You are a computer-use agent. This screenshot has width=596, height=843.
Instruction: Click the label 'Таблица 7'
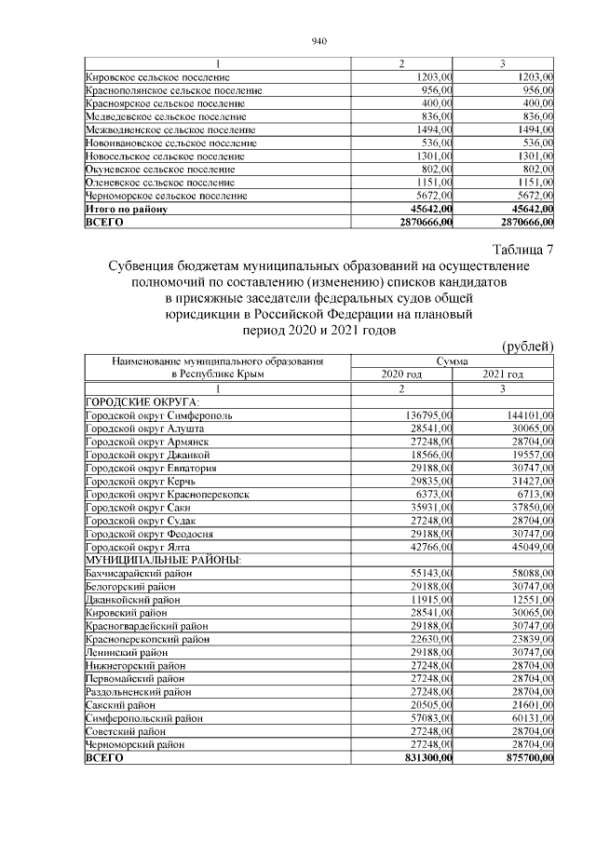[x=521, y=249]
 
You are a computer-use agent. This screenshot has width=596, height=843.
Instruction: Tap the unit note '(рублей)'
[x=528, y=347]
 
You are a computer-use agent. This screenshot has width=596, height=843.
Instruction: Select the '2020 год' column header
[x=400, y=374]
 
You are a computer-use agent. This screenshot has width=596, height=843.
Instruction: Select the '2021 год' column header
[x=503, y=374]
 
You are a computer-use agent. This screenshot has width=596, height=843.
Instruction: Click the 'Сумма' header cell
[x=452, y=361]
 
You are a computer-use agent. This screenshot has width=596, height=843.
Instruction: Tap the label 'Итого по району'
[x=126, y=211]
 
